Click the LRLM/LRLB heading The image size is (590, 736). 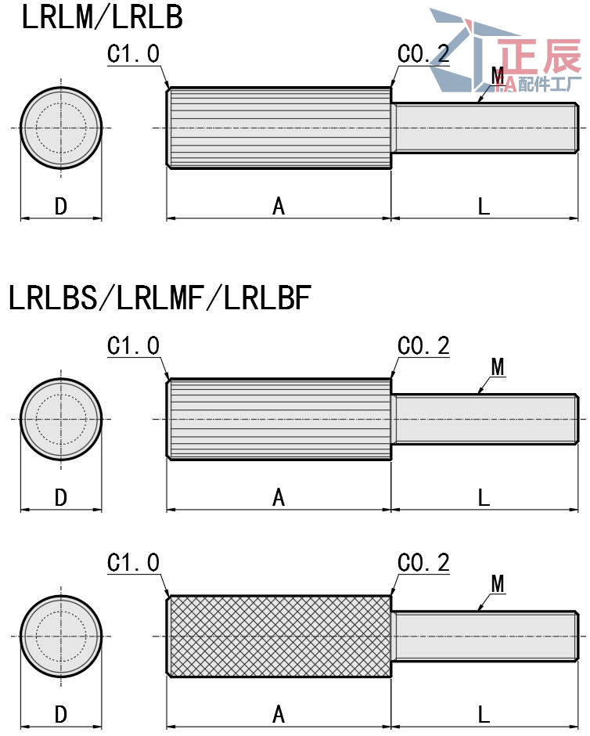pyautogui.click(x=102, y=17)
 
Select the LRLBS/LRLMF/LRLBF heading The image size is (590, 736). pyautogui.click(x=160, y=298)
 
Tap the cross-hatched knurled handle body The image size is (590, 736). pyautogui.click(x=279, y=635)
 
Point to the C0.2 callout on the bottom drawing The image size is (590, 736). pyautogui.click(x=423, y=562)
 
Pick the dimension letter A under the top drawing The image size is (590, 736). pyautogui.click(x=279, y=206)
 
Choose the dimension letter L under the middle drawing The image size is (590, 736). pyautogui.click(x=484, y=497)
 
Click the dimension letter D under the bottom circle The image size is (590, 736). pyautogui.click(x=61, y=714)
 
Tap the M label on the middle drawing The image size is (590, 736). pyautogui.click(x=498, y=366)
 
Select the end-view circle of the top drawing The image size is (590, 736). pyautogui.click(x=61, y=128)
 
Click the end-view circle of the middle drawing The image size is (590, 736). pyautogui.click(x=61, y=419)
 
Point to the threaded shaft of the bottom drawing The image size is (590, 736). pyautogui.click(x=485, y=635)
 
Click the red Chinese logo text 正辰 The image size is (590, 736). pyautogui.click(x=539, y=56)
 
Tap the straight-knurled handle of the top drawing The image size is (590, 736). pyautogui.click(x=279, y=128)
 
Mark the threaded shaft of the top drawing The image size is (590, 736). pyautogui.click(x=485, y=128)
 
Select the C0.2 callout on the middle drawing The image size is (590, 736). pyautogui.click(x=423, y=345)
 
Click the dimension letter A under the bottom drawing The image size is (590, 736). pyautogui.click(x=279, y=714)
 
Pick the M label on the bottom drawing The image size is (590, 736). pyautogui.click(x=498, y=583)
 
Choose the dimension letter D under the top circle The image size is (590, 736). pyautogui.click(x=61, y=206)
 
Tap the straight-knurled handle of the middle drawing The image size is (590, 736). pyautogui.click(x=279, y=419)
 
